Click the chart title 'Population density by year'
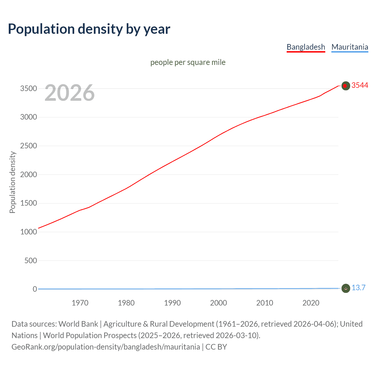coord(89,29)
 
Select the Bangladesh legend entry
coord(306,47)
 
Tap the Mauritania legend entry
coord(350,47)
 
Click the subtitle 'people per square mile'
coord(188,62)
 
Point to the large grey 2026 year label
coord(70,93)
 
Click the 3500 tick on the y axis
coord(28,89)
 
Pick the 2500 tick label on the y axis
coord(28,146)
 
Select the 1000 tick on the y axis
coord(28,232)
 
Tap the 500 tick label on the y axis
coord(31,261)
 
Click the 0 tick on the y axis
coord(35,289)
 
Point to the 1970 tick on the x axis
coord(80,303)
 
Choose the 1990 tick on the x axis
coord(172,303)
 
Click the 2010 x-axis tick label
coord(265,303)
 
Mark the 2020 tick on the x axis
coord(311,303)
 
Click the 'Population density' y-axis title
coord(12,182)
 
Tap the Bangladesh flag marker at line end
coord(345,86)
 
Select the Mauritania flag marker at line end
coord(345,288)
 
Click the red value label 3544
coord(360,85)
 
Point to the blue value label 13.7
coord(358,288)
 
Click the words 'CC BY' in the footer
coord(216,347)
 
